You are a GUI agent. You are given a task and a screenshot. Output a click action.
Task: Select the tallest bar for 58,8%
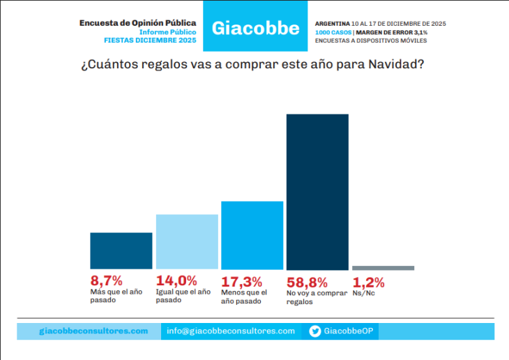317,192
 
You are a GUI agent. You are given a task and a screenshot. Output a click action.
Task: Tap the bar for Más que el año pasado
121,250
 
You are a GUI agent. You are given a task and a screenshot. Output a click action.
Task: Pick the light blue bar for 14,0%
187,241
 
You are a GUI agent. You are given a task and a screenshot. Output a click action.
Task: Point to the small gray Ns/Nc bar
383,268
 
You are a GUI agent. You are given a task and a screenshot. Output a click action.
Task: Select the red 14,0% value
176,281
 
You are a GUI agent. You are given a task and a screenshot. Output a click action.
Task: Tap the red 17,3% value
241,282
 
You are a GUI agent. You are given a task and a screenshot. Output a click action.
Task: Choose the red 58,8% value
307,282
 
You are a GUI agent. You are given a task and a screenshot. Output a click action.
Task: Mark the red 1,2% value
368,282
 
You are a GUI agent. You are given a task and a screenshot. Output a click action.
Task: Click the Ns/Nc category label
364,294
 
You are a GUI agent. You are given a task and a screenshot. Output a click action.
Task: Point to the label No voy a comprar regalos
317,297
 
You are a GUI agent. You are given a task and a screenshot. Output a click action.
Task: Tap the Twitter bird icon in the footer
315,331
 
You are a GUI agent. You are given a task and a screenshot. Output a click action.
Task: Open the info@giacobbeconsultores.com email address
231,331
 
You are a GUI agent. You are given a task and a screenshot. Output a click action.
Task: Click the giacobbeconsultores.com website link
93,331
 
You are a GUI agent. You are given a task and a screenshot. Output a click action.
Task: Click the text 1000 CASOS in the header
333,32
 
